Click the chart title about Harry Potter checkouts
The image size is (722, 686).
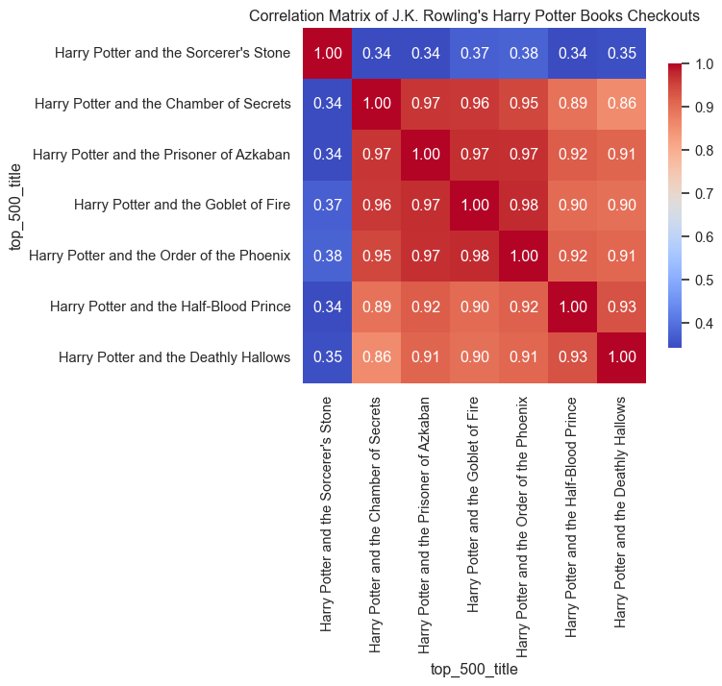point(475,15)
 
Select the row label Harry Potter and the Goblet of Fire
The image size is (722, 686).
point(182,205)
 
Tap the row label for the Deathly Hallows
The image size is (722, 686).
point(174,357)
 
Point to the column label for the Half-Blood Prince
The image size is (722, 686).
point(572,515)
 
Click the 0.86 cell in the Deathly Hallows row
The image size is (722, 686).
point(377,357)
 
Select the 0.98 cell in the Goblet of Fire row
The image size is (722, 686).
point(523,205)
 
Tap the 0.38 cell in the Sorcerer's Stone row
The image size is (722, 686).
point(523,52)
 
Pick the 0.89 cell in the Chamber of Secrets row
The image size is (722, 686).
point(572,103)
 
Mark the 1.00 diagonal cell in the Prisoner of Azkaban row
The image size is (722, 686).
point(426,154)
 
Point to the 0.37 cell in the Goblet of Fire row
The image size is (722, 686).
point(328,205)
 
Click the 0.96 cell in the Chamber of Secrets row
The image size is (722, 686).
point(474,103)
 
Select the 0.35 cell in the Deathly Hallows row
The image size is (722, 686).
point(328,357)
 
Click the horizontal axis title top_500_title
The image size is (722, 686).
point(474,669)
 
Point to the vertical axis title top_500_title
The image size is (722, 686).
point(15,205)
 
